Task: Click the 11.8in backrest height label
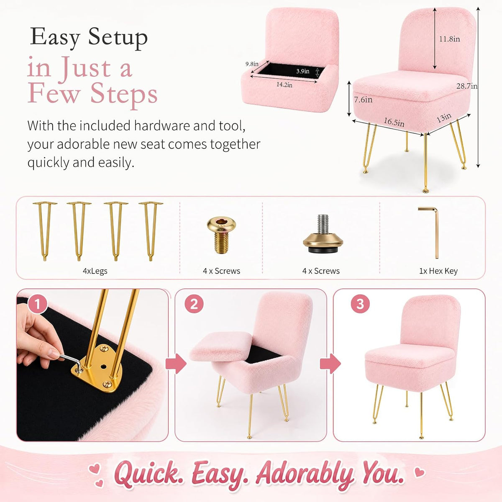tap(449, 39)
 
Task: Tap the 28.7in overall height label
tap(467, 86)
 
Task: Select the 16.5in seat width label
tap(394, 122)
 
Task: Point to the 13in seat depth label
tap(444, 118)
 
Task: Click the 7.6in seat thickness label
tap(363, 100)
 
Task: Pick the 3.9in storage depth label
tap(303, 71)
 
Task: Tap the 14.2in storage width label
tap(284, 85)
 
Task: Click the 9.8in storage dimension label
tap(252, 64)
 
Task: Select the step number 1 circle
tap(37, 304)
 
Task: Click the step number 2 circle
tap(194, 304)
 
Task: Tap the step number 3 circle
tap(360, 304)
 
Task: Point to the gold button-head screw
tap(221, 235)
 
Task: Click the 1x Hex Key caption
tap(438, 271)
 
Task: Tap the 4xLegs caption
tap(95, 271)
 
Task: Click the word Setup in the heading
tap(118, 38)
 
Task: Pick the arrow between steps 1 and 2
tap(176, 364)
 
